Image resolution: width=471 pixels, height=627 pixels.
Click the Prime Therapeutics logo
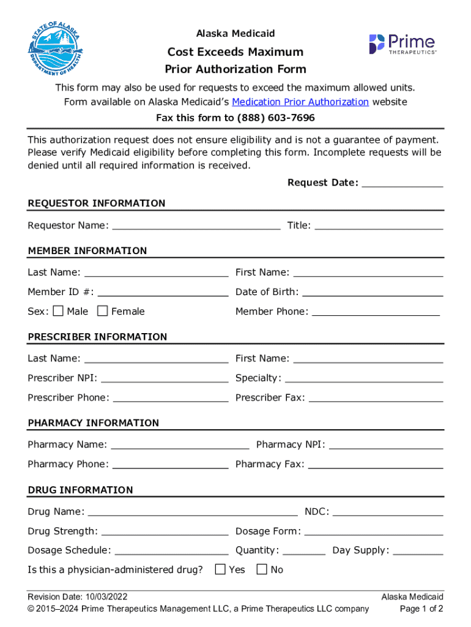[x=402, y=44]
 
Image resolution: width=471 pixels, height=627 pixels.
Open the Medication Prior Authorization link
[x=300, y=102]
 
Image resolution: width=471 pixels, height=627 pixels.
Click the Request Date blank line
[x=402, y=184]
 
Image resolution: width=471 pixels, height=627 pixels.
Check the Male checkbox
[x=58, y=311]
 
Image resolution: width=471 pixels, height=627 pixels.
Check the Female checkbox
[x=103, y=311]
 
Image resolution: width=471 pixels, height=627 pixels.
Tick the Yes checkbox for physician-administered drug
[x=220, y=569]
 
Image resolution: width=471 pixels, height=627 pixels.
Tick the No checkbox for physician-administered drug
[x=262, y=569]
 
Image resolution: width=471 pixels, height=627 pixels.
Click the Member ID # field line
[x=163, y=293]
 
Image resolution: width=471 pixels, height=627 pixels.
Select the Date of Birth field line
[x=373, y=293]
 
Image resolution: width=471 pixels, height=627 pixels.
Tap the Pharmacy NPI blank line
[x=386, y=446]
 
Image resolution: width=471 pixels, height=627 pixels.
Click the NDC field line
[x=388, y=513]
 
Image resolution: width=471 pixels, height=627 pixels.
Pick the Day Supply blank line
[x=418, y=552]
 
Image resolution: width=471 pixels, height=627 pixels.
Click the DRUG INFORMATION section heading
[x=80, y=490]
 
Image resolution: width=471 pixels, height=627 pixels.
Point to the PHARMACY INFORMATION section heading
[x=93, y=423]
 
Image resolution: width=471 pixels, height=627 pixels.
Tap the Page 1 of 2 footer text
[x=421, y=609]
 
